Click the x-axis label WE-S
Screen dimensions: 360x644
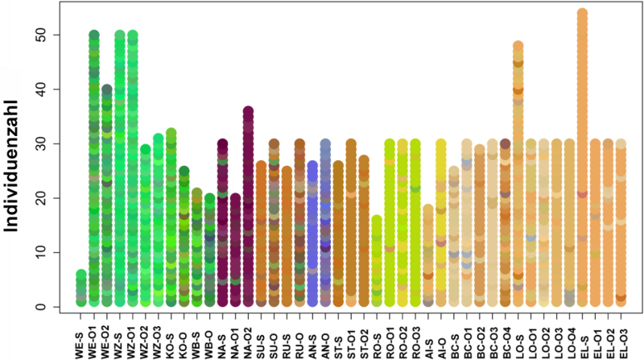tap(81, 338)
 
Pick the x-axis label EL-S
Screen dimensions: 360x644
tap(582, 338)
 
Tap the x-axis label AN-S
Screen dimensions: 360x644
tap(312, 338)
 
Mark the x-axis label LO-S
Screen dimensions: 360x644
tap(518, 338)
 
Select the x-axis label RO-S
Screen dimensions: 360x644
tap(376, 338)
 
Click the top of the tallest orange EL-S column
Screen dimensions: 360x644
tap(582, 14)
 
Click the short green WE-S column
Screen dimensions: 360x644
tap(81, 290)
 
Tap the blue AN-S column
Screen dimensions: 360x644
tap(312, 234)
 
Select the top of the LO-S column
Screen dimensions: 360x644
tap(518, 46)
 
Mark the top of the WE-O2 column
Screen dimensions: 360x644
tap(106, 89)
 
